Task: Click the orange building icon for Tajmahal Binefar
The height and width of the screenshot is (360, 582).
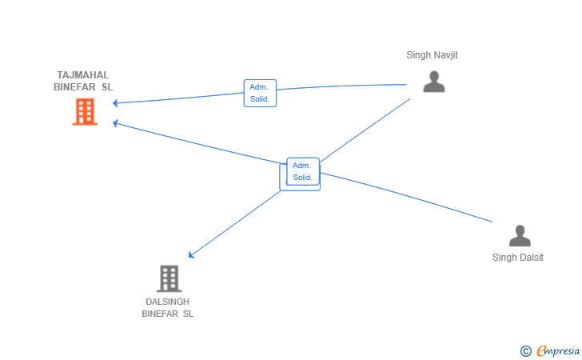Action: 85,111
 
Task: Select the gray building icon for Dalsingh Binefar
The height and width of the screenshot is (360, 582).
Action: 169,278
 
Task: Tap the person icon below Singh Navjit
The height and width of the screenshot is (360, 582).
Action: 434,82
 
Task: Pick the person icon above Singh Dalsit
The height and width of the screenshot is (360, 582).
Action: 520,235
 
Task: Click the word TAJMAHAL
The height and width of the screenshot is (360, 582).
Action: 83,75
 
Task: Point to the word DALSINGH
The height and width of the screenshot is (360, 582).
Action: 167,302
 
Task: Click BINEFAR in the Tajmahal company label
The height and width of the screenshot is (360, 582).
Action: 74,87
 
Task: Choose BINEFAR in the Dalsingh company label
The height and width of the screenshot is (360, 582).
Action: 160,314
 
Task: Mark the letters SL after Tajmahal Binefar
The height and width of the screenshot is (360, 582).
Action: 107,87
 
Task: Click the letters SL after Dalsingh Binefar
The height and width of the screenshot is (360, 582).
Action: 188,314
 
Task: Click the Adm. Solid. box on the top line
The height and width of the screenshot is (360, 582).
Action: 260,94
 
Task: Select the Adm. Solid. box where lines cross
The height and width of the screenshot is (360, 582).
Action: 303,171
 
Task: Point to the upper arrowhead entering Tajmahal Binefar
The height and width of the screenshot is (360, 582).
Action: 115,103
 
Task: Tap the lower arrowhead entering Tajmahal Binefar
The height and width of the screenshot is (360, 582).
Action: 115,123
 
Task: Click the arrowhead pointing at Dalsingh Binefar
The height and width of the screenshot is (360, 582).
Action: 191,254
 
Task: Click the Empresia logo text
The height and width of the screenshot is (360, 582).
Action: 558,350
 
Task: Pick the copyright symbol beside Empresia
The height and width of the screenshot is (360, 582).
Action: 525,351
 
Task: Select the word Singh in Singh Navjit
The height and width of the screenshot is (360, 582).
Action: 418,55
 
